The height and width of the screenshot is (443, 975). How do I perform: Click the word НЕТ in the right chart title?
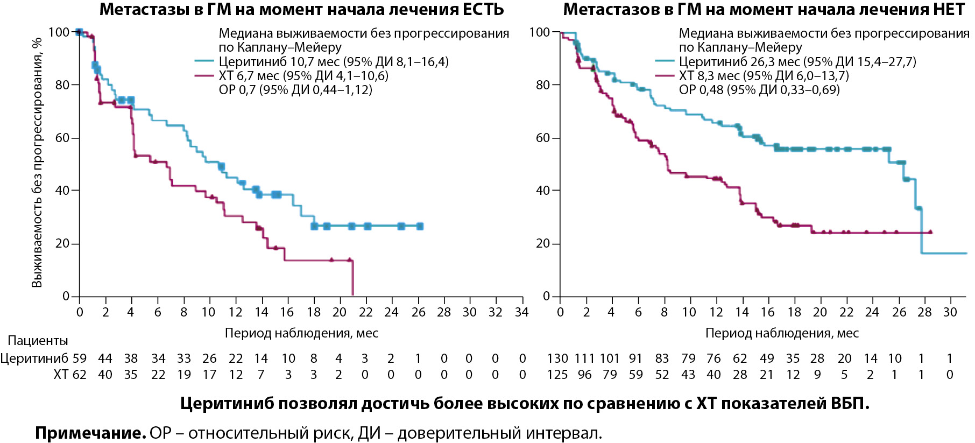[x=949, y=9]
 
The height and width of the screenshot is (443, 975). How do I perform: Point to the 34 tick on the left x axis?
[x=521, y=312]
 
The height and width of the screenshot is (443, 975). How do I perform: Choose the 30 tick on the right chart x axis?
[x=950, y=312]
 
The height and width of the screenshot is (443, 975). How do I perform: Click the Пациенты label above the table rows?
[x=38, y=341]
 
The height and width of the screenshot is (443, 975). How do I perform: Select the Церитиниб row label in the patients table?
[x=34, y=358]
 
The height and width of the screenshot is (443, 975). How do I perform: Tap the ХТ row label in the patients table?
[x=61, y=375]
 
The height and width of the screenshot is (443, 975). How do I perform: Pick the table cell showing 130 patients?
[x=557, y=358]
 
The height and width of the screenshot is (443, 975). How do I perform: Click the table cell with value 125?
[x=557, y=375]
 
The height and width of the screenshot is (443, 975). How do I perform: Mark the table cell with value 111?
[x=584, y=358]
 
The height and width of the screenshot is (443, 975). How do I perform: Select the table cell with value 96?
[x=584, y=375]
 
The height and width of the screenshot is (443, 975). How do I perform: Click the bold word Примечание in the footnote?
[x=90, y=433]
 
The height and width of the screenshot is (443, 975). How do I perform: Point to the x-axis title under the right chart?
[x=782, y=334]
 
